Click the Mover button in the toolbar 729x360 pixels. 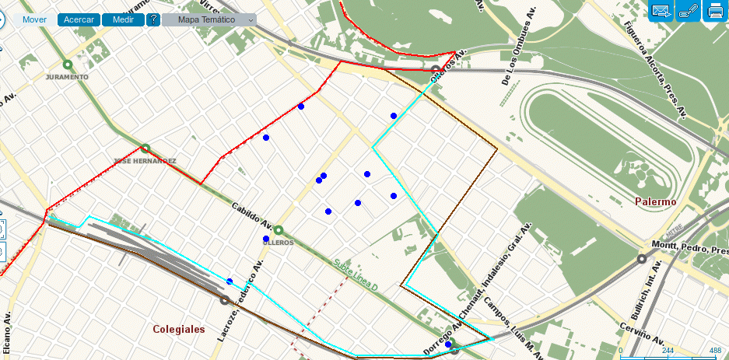(35, 19)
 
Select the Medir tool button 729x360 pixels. (123, 19)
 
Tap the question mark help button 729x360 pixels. (153, 19)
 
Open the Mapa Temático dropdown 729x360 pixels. (209, 19)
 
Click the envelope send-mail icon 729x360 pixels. (661, 11)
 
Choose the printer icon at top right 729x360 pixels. (714, 11)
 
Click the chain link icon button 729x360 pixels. (688, 11)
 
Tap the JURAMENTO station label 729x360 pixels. (67, 78)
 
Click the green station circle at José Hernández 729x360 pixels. (144, 149)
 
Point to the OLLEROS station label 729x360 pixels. (278, 243)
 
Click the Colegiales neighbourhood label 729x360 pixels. (180, 329)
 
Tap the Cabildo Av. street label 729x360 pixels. (251, 218)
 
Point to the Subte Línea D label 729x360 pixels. (356, 276)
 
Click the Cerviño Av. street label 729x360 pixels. (643, 333)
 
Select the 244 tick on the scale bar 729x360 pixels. (667, 351)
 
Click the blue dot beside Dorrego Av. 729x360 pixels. (448, 344)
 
